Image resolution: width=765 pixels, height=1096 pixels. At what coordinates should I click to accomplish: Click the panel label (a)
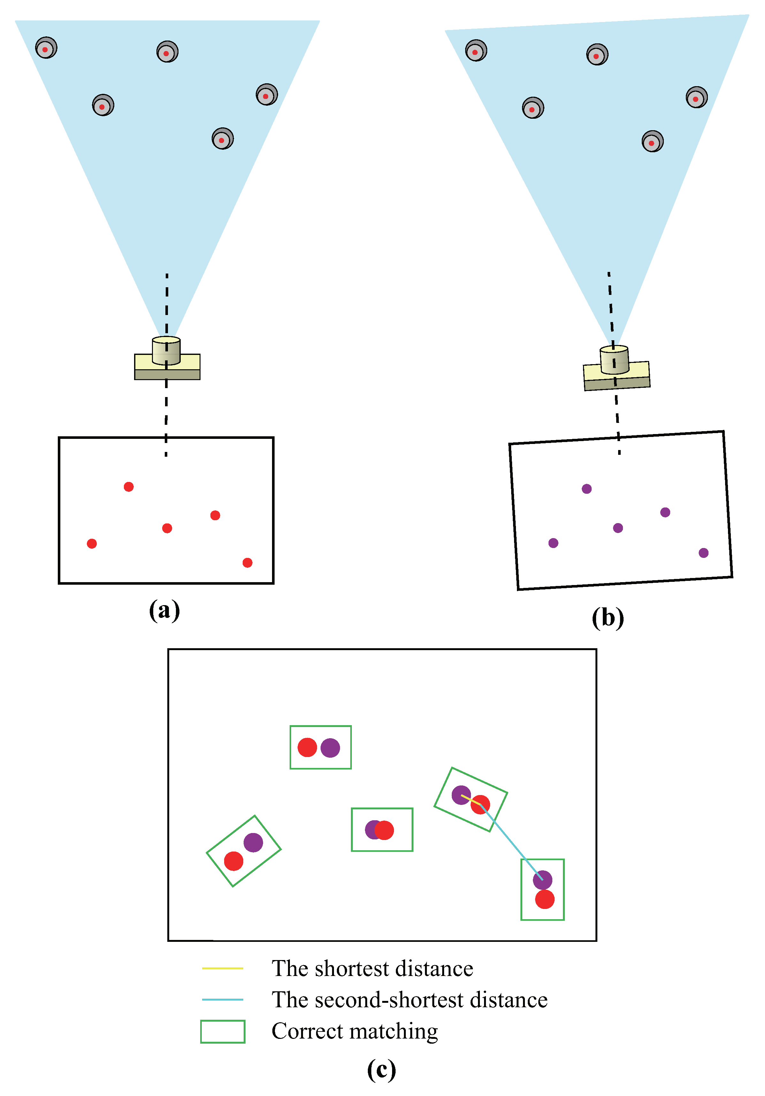click(x=164, y=611)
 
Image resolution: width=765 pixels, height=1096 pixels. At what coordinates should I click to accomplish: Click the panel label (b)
click(x=607, y=618)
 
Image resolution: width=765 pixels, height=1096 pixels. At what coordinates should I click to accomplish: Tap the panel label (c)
click(x=381, y=1070)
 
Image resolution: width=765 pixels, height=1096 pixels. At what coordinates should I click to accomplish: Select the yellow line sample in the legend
click(x=223, y=968)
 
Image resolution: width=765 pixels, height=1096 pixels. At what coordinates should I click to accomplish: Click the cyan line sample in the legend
click(x=223, y=999)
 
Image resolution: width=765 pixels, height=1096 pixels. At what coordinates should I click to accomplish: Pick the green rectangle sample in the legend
click(x=223, y=1031)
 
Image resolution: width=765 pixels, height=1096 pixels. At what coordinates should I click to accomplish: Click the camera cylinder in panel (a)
click(x=166, y=351)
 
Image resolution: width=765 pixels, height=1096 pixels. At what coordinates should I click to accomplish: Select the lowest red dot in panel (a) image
click(x=247, y=563)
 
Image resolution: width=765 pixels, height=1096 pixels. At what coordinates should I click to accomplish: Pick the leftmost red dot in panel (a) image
click(x=92, y=544)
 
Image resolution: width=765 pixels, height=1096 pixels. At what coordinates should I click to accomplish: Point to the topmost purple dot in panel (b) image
click(x=587, y=489)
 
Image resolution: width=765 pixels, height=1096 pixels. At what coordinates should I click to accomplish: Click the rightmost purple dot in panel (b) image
click(x=703, y=553)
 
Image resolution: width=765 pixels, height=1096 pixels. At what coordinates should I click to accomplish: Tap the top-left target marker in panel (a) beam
click(x=46, y=48)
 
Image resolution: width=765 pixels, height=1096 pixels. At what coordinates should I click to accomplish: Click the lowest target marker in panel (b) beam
click(x=652, y=141)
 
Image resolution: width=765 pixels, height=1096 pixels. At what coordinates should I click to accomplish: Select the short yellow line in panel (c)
click(x=470, y=799)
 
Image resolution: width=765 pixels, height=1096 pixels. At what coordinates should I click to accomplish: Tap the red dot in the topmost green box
click(x=307, y=747)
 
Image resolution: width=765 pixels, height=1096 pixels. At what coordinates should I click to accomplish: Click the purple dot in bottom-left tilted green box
click(x=253, y=843)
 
